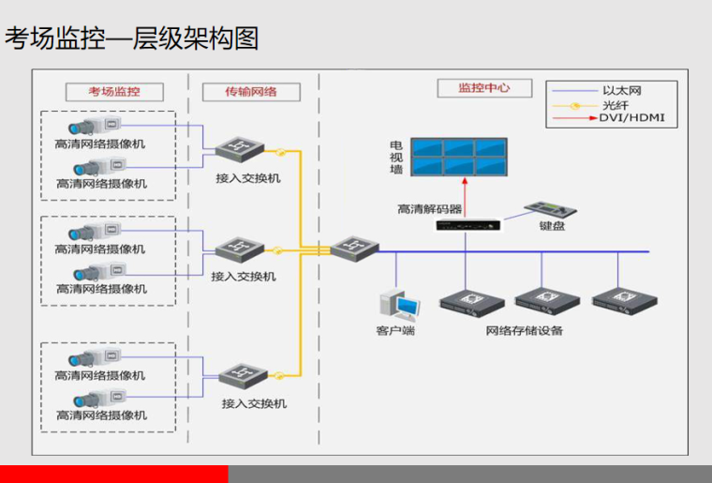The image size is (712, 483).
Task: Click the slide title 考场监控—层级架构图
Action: pyautogui.click(x=131, y=38)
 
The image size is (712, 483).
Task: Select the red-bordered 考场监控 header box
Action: pyautogui.click(x=113, y=91)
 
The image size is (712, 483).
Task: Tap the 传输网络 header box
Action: pyautogui.click(x=251, y=91)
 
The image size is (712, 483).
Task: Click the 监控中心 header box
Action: pyautogui.click(x=483, y=88)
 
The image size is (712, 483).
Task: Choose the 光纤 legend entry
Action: pyautogui.click(x=615, y=105)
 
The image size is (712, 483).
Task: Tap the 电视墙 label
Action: pyautogui.click(x=396, y=157)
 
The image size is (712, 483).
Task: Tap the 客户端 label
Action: pyautogui.click(x=395, y=331)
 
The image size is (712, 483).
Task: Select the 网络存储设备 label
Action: pyautogui.click(x=525, y=331)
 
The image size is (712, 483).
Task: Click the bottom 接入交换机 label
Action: pyautogui.click(x=254, y=403)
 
